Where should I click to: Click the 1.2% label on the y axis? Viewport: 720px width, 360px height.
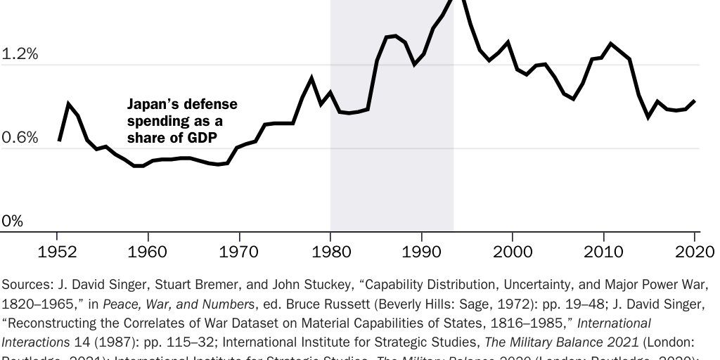tap(20, 54)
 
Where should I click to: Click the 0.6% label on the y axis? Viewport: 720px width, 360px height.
tap(20, 138)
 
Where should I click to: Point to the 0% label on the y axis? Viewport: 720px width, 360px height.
tap(12, 221)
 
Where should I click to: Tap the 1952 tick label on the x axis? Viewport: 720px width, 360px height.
tap(58, 252)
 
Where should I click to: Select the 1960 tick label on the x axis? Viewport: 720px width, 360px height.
tap(148, 252)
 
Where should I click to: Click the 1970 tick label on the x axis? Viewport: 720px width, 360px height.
tap(239, 252)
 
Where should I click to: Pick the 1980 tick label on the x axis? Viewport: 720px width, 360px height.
tap(330, 252)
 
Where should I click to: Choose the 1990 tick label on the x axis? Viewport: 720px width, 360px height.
tap(421, 252)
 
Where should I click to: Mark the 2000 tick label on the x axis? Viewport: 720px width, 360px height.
tap(513, 252)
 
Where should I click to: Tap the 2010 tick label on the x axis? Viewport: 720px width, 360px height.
tap(604, 252)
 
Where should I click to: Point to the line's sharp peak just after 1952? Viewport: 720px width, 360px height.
tap(69, 104)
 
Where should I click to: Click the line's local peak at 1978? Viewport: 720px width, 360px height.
tap(311, 78)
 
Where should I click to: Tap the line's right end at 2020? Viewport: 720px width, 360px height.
tap(695, 101)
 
